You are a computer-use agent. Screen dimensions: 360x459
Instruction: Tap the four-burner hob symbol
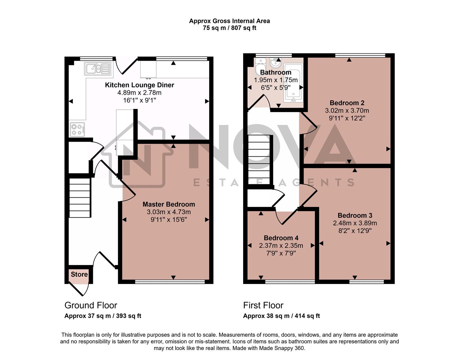coord(77,129)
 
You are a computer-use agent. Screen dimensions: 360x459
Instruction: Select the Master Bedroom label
coord(169,204)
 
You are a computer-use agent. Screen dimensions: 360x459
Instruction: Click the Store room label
coord(79,274)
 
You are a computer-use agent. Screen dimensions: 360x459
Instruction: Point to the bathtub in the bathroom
coord(293,82)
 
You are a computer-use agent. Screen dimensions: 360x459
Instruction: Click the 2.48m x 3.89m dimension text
coord(355,223)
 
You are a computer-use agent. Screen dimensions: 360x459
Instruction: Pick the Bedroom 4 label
coord(281,238)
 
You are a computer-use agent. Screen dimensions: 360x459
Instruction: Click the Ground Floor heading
coord(91,305)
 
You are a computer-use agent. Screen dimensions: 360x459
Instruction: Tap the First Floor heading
coord(263,305)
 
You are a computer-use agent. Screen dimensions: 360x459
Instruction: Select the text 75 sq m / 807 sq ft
coord(229,28)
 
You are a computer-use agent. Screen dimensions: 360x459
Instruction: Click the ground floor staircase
coord(80,197)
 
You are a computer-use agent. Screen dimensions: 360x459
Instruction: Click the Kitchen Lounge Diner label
coord(139,85)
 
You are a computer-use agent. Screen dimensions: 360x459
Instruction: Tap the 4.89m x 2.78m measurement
coord(139,93)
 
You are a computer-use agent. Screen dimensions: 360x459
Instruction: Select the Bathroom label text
coord(275,72)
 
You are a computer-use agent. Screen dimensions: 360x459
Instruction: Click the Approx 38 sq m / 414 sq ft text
coord(281,316)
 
